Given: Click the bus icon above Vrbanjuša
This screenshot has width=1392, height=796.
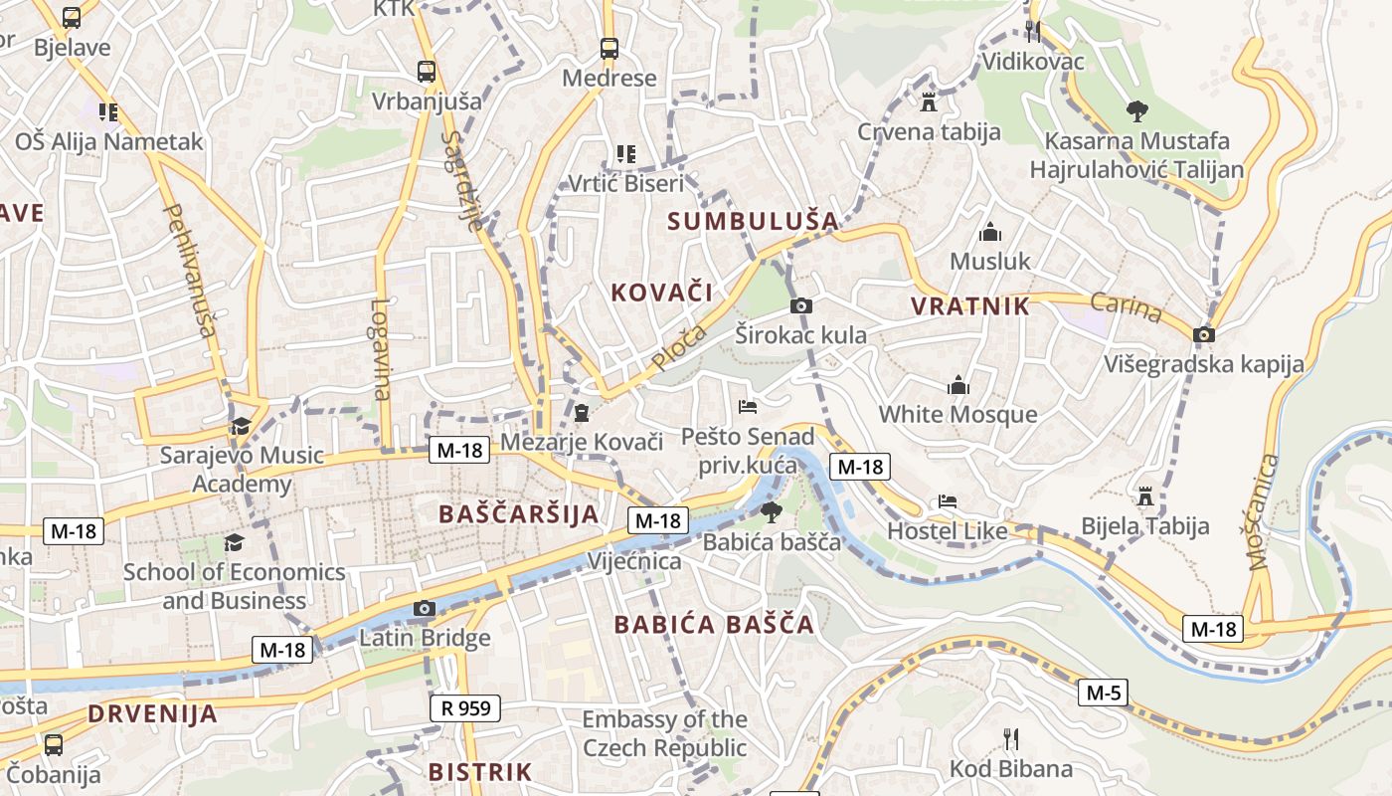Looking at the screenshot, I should [x=426, y=72].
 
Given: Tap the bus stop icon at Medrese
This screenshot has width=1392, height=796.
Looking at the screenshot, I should [x=609, y=48].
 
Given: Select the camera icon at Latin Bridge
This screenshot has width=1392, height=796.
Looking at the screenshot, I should [x=425, y=608].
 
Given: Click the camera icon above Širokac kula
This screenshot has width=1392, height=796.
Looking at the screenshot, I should [x=800, y=305].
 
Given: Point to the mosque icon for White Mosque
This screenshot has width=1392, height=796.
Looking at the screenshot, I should [x=958, y=385].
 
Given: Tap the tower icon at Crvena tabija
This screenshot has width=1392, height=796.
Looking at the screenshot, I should [x=929, y=101].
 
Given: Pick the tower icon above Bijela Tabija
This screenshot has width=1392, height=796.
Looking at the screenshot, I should [x=1145, y=496].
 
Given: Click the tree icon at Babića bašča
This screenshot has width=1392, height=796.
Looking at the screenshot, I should [x=771, y=512].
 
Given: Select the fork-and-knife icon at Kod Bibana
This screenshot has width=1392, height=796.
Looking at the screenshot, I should [x=1011, y=739].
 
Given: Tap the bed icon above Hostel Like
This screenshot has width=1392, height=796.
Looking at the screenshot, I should [x=948, y=501].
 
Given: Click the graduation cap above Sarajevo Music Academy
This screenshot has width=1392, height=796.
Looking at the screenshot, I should [x=241, y=427].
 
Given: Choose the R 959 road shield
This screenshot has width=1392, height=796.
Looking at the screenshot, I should [x=464, y=708].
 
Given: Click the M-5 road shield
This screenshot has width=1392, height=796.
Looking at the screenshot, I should [x=1104, y=693].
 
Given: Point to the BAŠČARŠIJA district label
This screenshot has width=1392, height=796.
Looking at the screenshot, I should [x=519, y=514].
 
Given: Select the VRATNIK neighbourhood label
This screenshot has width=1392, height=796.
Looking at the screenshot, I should [x=970, y=306].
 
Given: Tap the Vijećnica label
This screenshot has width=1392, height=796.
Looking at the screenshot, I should [x=633, y=561].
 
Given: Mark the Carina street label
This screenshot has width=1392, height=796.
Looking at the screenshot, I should [x=1126, y=307].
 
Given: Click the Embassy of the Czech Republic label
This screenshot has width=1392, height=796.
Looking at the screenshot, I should [x=664, y=733].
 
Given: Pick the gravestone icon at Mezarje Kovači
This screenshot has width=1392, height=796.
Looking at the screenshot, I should [x=582, y=412].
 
